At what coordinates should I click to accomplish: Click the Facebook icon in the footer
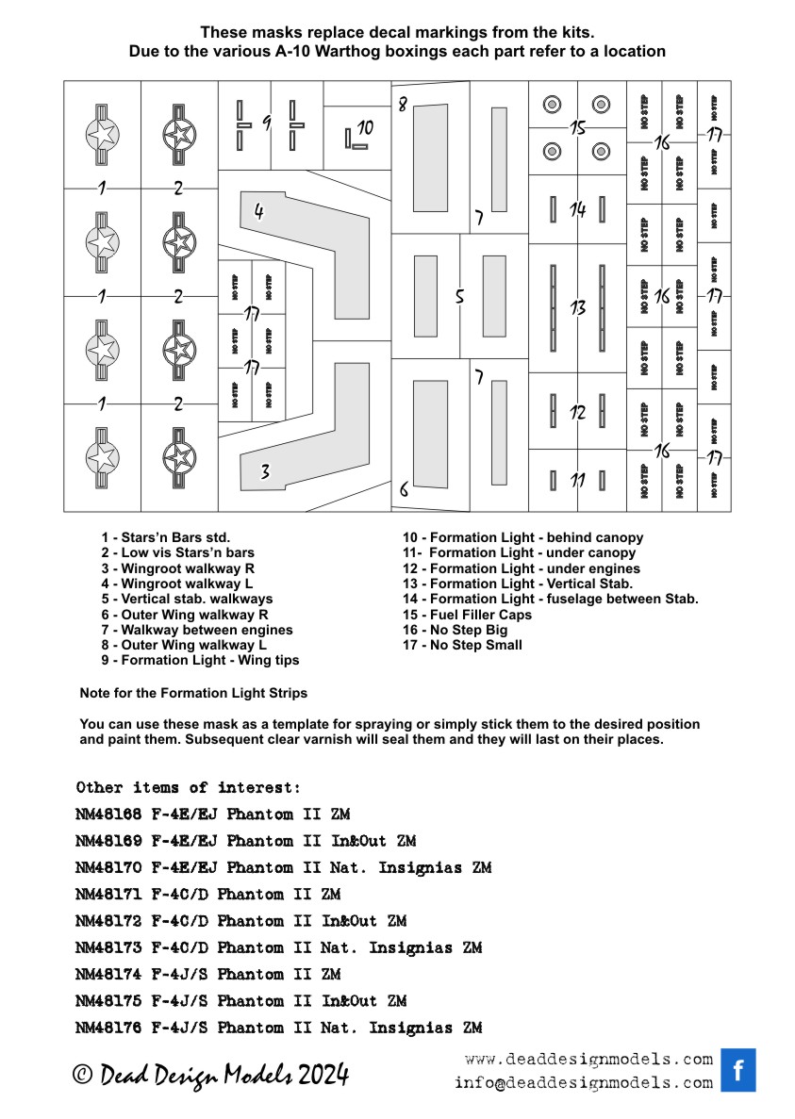(x=738, y=1069)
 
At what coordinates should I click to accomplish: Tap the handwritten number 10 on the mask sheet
(x=365, y=126)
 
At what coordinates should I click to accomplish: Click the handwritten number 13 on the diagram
(x=578, y=307)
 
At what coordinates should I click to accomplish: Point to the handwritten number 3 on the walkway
(x=266, y=472)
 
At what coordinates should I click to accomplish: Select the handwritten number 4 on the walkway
(x=258, y=212)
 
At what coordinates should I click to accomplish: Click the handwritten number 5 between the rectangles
(x=459, y=296)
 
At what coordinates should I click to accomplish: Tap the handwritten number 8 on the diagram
(x=402, y=105)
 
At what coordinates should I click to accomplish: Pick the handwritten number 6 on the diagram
(x=404, y=489)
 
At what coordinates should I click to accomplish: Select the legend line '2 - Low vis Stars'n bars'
(x=177, y=552)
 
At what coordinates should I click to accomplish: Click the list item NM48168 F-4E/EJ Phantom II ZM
(x=211, y=814)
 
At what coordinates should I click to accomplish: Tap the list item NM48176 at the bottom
(x=278, y=1028)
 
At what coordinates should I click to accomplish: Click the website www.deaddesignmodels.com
(x=588, y=1059)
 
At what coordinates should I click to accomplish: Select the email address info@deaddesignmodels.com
(x=583, y=1083)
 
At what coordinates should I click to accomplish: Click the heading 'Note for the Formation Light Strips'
(x=193, y=693)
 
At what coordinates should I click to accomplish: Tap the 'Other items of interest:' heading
(x=188, y=787)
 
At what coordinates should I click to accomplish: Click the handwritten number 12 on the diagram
(x=577, y=412)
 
